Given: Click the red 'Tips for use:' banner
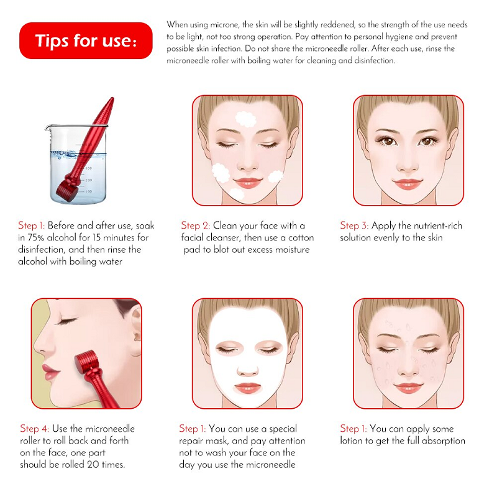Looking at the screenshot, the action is coord(86,40).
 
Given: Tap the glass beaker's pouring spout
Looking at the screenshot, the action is coord(48,128).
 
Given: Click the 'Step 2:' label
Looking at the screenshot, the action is coord(196,226).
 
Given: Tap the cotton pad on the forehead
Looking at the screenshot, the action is coord(245,119).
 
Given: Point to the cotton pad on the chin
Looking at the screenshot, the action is coord(237,193).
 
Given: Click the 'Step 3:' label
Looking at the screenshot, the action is coord(354,226).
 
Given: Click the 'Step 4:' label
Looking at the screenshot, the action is coord(35,429).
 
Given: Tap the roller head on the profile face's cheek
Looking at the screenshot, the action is coord(86,362).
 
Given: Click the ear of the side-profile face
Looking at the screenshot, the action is coord(136,330).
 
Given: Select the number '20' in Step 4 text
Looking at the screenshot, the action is coord(93,465).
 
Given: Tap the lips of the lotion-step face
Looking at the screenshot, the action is coord(408,387).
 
